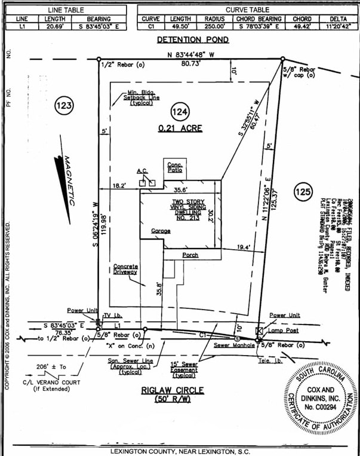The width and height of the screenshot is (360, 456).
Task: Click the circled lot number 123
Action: click(64, 106)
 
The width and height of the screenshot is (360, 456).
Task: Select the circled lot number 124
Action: click(180, 112)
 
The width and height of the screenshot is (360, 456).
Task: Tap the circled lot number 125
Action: click(303, 192)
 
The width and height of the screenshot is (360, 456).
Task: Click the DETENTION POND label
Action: click(193, 40)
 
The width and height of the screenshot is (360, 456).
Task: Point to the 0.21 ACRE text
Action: click(180, 128)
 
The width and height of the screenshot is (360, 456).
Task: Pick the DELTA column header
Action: click(339, 19)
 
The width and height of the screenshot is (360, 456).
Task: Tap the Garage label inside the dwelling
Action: click(161, 230)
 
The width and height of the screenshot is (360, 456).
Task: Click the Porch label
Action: click(190, 255)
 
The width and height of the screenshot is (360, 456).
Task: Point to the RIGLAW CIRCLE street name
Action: click(173, 390)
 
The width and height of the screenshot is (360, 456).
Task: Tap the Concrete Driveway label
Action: click(126, 269)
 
